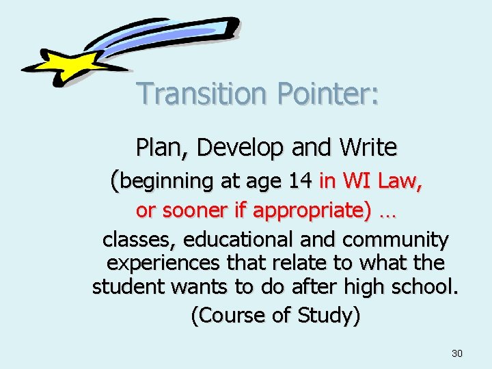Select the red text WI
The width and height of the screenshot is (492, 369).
point(356,181)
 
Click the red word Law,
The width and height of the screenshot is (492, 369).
point(399,181)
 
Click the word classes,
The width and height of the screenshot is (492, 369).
point(140,240)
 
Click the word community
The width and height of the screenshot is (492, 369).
point(396,240)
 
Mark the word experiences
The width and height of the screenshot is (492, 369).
point(163,262)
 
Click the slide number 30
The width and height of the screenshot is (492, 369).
point(457,353)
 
